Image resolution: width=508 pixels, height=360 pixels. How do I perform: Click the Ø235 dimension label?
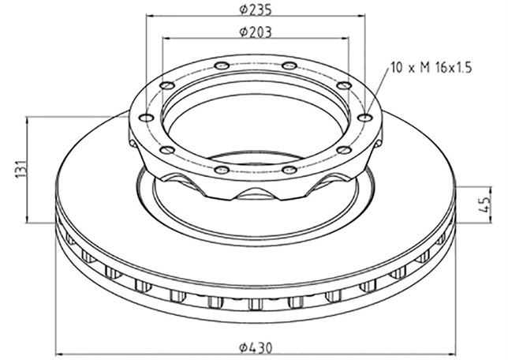(x=256, y=9)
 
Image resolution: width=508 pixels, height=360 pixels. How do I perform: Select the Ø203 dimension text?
(x=256, y=32)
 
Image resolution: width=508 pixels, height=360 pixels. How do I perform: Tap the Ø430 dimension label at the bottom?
(x=256, y=347)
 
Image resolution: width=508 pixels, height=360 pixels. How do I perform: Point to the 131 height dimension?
(x=21, y=169)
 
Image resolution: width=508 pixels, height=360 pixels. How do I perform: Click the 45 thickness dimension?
(x=484, y=204)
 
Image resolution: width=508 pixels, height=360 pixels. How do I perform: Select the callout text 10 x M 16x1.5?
(x=431, y=68)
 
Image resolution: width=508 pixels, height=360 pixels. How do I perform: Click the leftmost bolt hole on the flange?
(x=146, y=118)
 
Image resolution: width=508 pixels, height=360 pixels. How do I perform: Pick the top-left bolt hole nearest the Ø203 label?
(x=222, y=66)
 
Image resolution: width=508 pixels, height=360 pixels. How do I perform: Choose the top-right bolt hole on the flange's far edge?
(x=289, y=66)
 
